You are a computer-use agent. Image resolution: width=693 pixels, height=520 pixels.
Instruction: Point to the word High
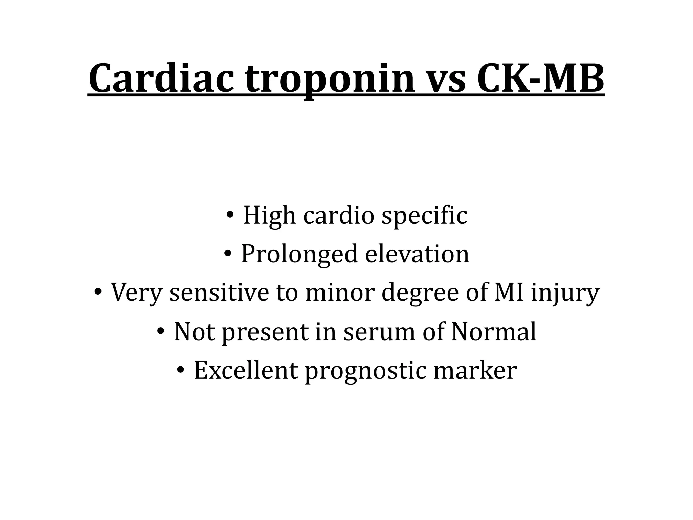pyautogui.click(x=269, y=216)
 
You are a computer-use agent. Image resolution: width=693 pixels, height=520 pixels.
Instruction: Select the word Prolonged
pyautogui.click(x=299, y=255)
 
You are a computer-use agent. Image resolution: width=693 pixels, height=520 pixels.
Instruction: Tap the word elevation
pyautogui.click(x=417, y=254)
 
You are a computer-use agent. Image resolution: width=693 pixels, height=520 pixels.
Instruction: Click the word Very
pyautogui.click(x=137, y=293)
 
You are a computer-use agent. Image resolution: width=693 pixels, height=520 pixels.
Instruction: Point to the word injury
pyautogui.click(x=565, y=294)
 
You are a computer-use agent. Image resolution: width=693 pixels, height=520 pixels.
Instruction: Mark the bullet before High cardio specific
pyautogui.click(x=230, y=215)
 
